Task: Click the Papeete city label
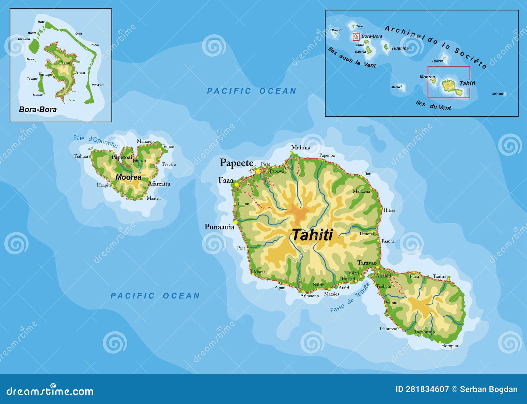click(236, 163)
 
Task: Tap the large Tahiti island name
click(312, 235)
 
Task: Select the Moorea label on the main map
click(128, 177)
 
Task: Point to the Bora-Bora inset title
click(38, 109)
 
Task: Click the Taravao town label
click(367, 263)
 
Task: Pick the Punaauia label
click(219, 227)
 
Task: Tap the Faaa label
click(226, 180)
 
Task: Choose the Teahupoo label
click(388, 329)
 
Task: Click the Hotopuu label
click(450, 346)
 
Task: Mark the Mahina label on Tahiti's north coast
click(301, 148)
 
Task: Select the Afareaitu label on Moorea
click(159, 184)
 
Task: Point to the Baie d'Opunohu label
click(95, 141)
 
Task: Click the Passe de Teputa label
click(350, 297)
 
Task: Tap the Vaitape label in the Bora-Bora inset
click(45, 74)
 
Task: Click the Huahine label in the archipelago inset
click(400, 48)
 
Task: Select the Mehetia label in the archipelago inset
click(498, 94)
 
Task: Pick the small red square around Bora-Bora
click(356, 36)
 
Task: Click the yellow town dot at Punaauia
click(236, 222)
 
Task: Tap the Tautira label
click(439, 276)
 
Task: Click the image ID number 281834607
click(427, 390)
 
